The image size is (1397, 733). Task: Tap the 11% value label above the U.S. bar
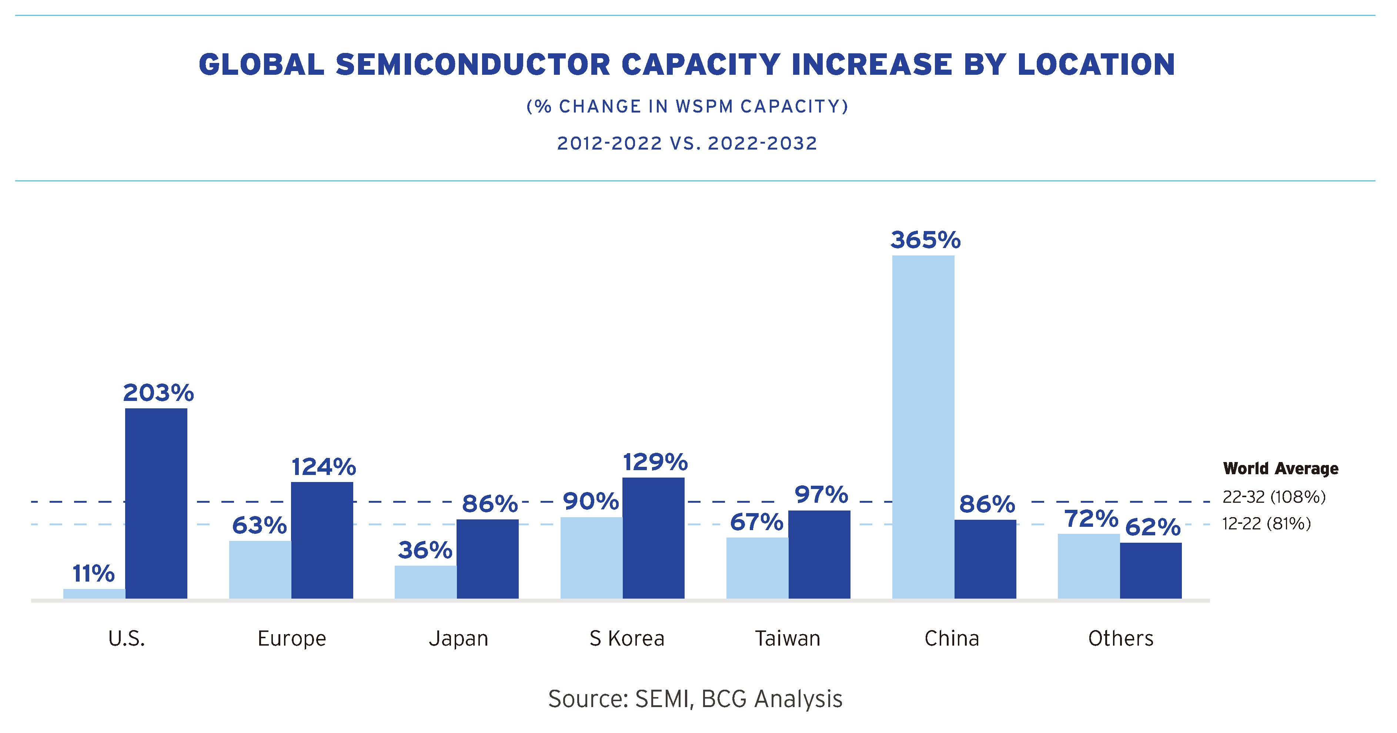point(93,573)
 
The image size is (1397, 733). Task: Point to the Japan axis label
point(458,639)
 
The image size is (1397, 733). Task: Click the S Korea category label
point(627,639)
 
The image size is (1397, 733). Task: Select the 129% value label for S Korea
point(655,462)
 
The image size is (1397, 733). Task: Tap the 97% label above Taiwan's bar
point(821,495)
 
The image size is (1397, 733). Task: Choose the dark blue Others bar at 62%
point(1151,570)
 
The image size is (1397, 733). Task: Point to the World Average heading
point(1280,468)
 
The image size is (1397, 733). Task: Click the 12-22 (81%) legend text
point(1266,524)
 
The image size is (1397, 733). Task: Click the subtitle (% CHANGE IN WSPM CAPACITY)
point(687,106)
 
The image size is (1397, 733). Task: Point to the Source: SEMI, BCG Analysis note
point(695,699)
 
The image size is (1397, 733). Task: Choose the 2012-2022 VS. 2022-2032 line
point(687,143)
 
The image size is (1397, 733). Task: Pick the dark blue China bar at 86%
point(985,559)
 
